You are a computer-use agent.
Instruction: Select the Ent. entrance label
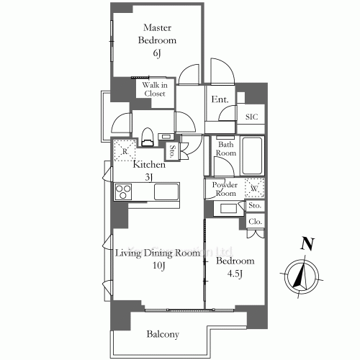[220, 99]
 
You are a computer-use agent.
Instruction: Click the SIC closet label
[251, 117]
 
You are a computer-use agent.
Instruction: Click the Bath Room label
[227, 148]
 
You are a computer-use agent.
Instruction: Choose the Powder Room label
[224, 189]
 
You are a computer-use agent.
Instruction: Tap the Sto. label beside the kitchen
[173, 152]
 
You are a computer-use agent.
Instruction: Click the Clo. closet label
[255, 222]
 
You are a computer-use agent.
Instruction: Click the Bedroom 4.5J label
[235, 267]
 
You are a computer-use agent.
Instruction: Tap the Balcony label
[163, 334]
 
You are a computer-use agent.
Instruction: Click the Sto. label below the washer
[255, 207]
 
